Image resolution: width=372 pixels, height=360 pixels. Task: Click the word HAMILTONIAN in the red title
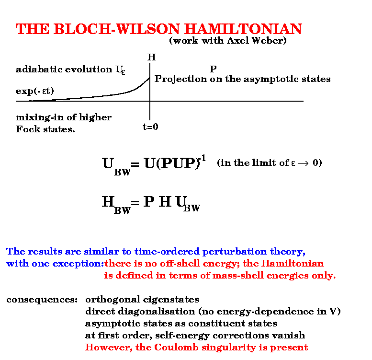(243, 29)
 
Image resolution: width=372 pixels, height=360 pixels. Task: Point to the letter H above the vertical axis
(151, 57)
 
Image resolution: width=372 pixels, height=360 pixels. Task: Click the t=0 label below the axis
(150, 127)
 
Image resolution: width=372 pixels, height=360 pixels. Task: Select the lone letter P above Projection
(213, 69)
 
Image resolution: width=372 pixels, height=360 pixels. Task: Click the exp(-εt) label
(35, 91)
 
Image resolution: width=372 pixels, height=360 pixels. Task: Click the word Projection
(180, 79)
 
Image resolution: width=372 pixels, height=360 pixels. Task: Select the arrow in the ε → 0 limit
(304, 163)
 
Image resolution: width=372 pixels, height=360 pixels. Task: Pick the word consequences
(42, 300)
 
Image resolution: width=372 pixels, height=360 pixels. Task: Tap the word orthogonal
(113, 300)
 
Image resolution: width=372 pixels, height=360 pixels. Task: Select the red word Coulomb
(176, 348)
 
